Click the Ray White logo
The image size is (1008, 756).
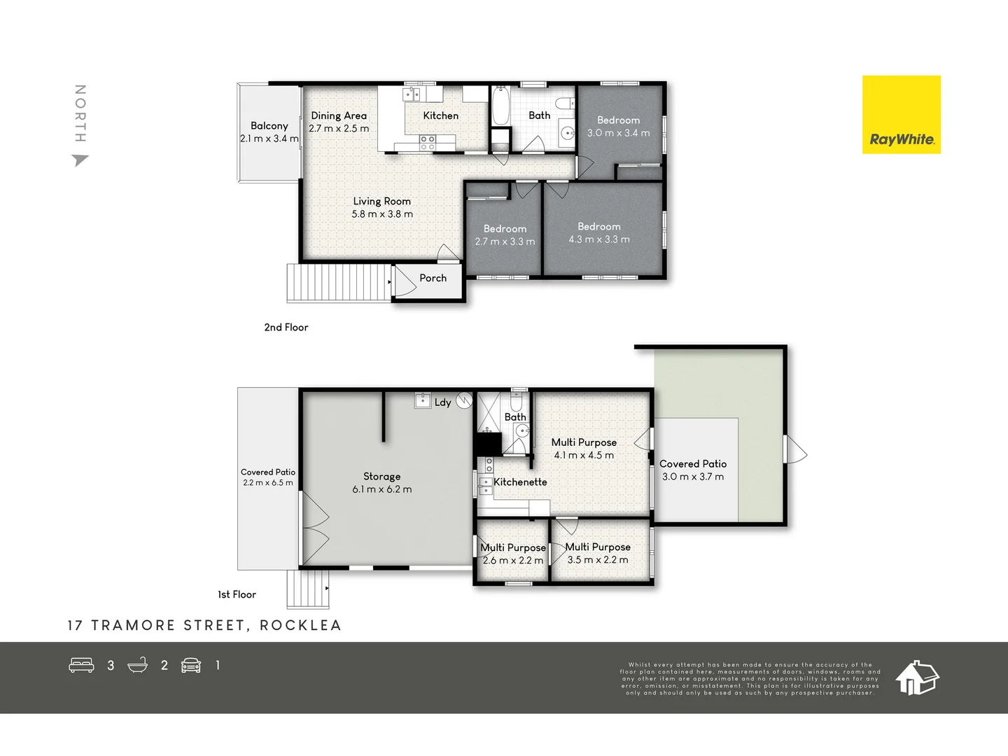point(901,115)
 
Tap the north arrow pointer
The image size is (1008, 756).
point(80,160)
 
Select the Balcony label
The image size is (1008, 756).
point(269,126)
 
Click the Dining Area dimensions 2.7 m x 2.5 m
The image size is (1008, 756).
point(339,129)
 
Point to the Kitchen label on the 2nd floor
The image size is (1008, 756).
point(440,115)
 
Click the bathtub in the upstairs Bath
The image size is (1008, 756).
point(500,106)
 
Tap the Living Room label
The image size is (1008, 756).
point(381,202)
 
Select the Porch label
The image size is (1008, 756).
point(433,278)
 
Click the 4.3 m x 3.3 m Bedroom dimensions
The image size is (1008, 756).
point(598,239)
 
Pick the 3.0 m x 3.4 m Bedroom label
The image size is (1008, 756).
point(618,120)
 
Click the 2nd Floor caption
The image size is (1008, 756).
point(286,327)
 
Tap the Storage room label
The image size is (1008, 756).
point(381,477)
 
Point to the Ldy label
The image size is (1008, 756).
point(442,402)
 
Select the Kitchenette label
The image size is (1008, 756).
point(520,482)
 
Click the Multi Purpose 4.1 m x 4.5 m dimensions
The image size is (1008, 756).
point(584,455)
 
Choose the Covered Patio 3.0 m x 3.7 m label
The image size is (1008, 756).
point(693,464)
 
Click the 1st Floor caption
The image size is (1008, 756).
point(237,594)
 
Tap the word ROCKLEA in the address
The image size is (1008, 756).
point(300,625)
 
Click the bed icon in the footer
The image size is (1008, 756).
point(81,665)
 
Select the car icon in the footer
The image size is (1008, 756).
point(191,665)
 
